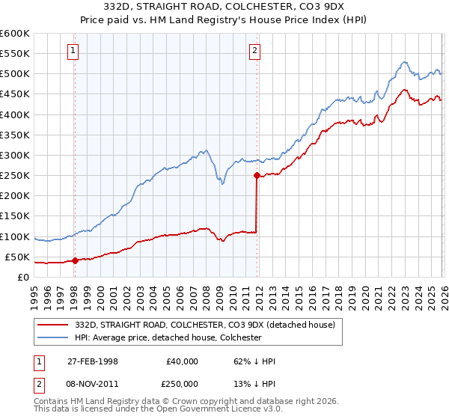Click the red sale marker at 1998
(75, 260)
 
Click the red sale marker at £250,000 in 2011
(257, 176)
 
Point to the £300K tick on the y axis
(15, 155)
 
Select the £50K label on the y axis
(17, 257)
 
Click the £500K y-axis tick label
(15, 73)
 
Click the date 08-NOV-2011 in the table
(92, 383)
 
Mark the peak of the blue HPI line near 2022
(403, 62)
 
